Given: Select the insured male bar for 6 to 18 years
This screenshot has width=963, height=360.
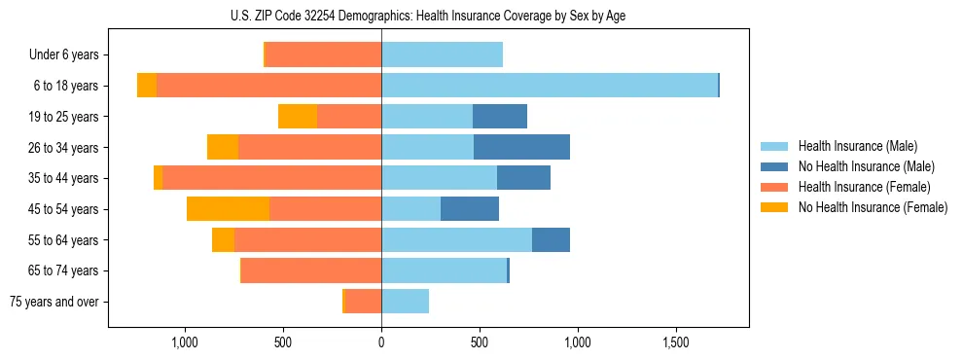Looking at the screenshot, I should click(550, 86).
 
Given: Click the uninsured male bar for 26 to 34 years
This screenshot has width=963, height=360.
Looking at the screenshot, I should click(521, 147).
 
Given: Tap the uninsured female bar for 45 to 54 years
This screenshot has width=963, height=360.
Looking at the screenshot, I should click(228, 209).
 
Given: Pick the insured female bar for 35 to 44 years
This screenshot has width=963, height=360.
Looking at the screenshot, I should click(271, 178).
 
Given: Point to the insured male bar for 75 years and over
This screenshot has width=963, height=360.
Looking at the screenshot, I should click(405, 302).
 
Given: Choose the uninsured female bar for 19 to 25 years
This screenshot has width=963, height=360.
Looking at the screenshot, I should click(298, 117).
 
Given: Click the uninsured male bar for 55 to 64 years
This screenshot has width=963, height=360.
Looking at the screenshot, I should click(551, 239).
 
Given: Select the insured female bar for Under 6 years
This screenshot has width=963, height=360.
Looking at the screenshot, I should click(323, 54).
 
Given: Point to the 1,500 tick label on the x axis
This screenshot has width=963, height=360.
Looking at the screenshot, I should click(676, 342).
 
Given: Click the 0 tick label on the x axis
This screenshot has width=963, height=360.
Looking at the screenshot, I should click(381, 342).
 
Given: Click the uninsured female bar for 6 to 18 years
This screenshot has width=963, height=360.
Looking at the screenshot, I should click(147, 86).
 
